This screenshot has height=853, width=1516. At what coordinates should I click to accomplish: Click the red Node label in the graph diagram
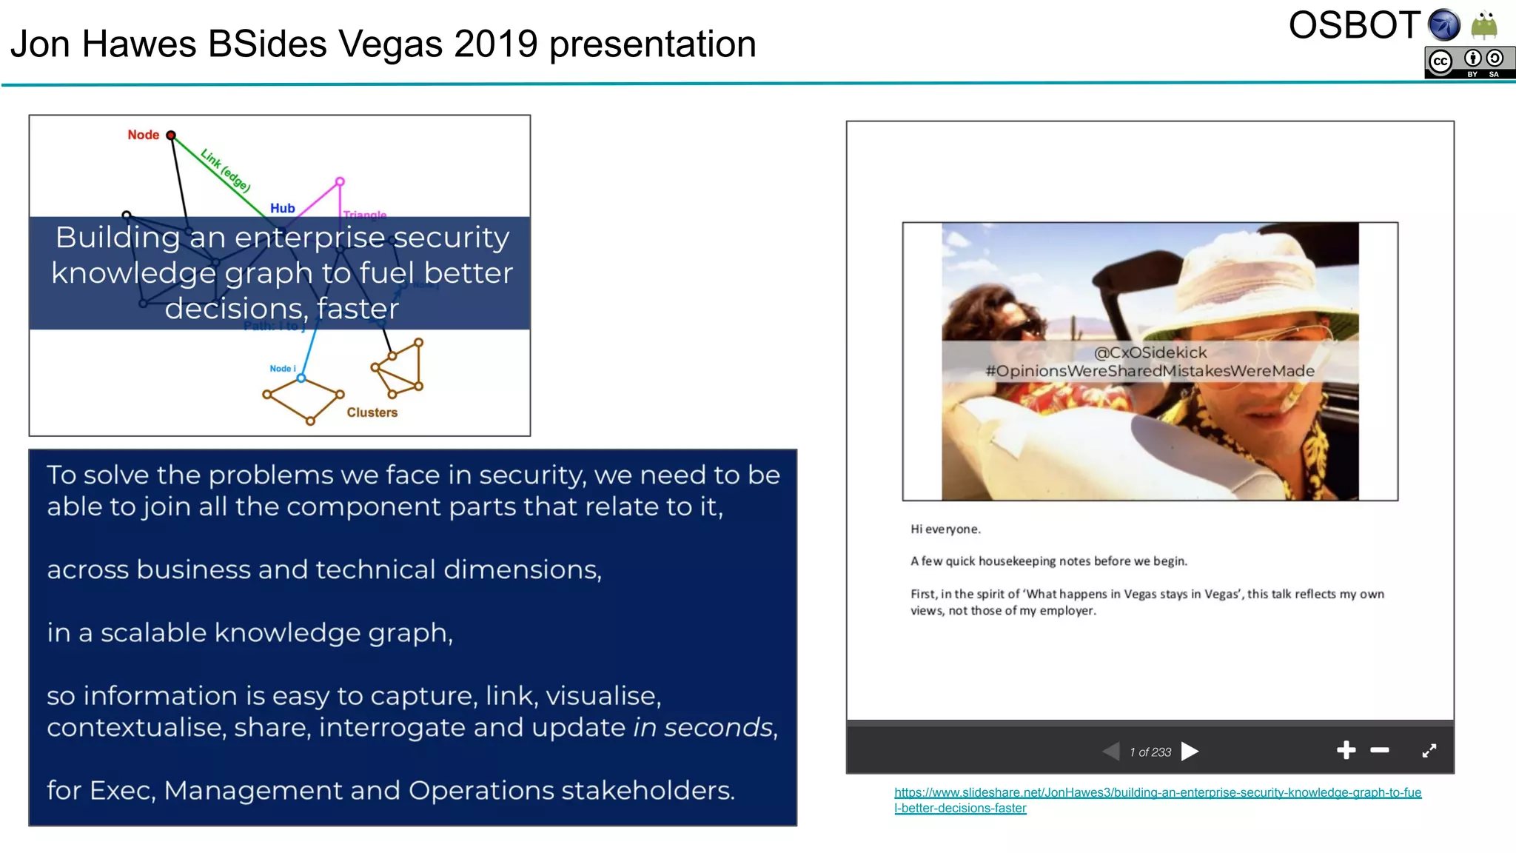point(143,135)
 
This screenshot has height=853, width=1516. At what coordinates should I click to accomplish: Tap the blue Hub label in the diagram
point(282,208)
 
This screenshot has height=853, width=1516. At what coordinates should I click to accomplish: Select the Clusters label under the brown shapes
point(372,412)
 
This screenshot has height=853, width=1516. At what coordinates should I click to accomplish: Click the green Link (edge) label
point(225,170)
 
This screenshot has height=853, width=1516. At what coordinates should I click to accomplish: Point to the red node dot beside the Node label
point(171,135)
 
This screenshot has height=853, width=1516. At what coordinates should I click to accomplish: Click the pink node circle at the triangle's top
point(340,181)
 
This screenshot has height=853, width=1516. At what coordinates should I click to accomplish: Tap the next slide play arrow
point(1190,752)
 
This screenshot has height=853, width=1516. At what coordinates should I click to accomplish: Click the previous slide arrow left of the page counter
point(1111,752)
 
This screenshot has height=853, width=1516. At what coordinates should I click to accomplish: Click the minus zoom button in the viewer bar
point(1379,751)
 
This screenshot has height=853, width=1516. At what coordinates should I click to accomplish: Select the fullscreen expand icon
point(1429,751)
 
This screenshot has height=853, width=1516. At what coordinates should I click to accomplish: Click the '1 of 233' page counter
point(1150,752)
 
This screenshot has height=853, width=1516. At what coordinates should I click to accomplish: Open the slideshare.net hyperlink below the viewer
point(1157,793)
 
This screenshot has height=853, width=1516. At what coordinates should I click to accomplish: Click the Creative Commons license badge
point(1469,63)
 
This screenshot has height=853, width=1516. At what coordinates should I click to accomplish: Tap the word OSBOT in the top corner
point(1354,26)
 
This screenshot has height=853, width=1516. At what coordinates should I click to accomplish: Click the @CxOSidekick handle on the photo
point(1150,352)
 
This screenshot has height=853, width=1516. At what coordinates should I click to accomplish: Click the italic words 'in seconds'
point(702,728)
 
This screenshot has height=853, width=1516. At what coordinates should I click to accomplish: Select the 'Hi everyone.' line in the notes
point(945,529)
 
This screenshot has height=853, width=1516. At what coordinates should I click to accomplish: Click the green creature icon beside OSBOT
point(1484,25)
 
